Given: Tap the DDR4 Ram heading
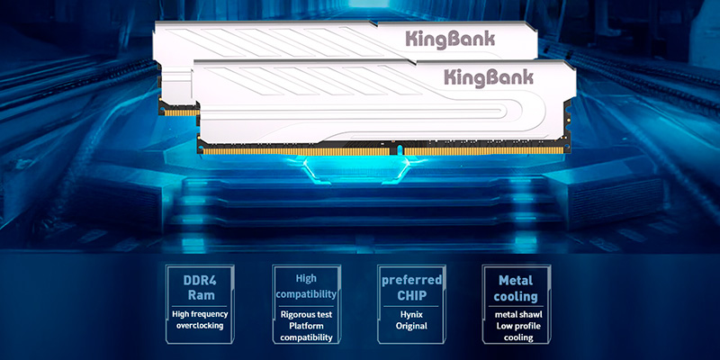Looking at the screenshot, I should point(199,286).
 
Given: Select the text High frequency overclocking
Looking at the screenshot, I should point(200,320).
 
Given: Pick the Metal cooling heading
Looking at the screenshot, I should point(516,287).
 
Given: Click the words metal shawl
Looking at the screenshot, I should point(516,312).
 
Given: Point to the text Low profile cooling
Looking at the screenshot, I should point(516,331).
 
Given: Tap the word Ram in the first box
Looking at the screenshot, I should point(199,296).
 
